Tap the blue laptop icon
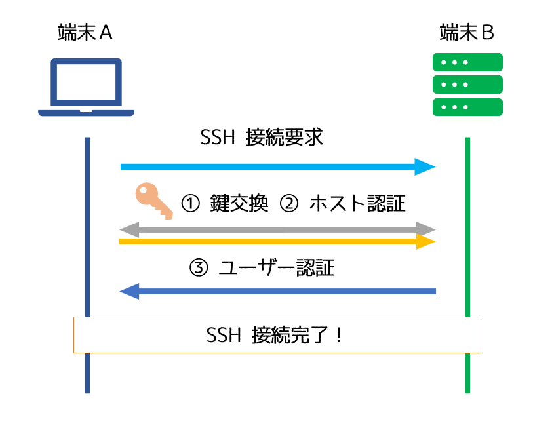coord(86,88)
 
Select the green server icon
coord(467,85)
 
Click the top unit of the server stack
coord(467,62)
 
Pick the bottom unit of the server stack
coord(467,107)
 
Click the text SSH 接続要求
coord(262,138)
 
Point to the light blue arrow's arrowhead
coord(426,166)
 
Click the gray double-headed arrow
coord(277,229)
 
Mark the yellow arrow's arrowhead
coord(426,242)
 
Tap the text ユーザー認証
coord(277,268)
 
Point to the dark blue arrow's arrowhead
coord(129,290)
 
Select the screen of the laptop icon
coord(86,83)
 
